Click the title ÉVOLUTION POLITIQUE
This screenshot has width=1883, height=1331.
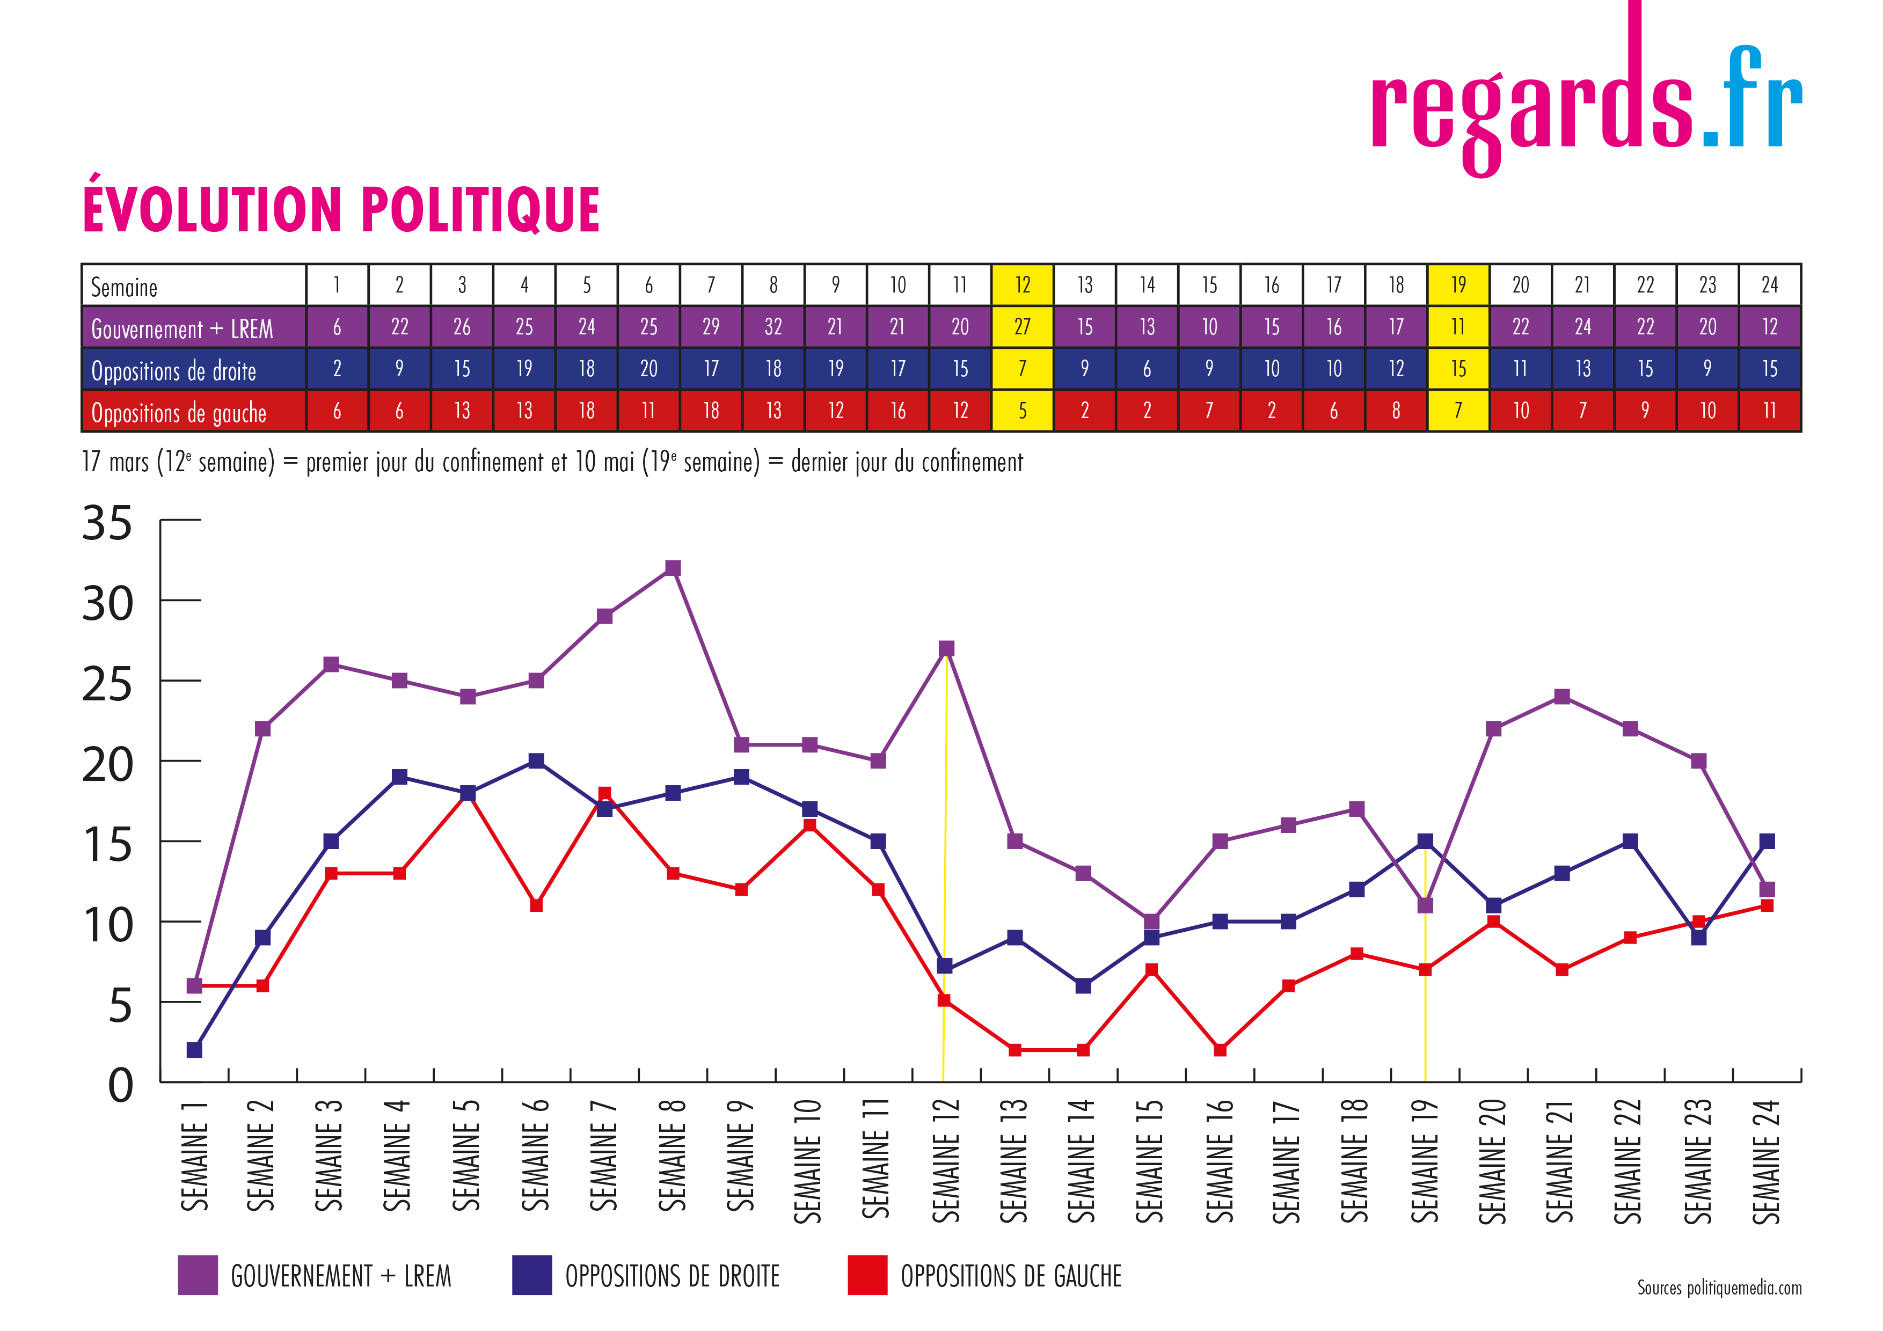(x=341, y=210)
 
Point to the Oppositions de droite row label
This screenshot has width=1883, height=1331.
(x=174, y=371)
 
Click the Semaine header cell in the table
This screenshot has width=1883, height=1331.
(x=194, y=286)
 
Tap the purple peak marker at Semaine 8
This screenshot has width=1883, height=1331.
(x=673, y=568)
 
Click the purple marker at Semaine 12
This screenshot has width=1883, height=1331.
(x=946, y=649)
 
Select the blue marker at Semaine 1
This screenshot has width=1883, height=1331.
(x=194, y=1050)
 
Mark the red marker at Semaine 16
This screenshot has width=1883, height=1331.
(x=1220, y=1050)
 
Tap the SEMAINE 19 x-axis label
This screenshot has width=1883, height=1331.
(x=1425, y=1160)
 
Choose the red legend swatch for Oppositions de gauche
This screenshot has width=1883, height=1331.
(x=867, y=1275)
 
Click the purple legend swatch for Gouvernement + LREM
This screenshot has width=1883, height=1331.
(x=198, y=1275)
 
